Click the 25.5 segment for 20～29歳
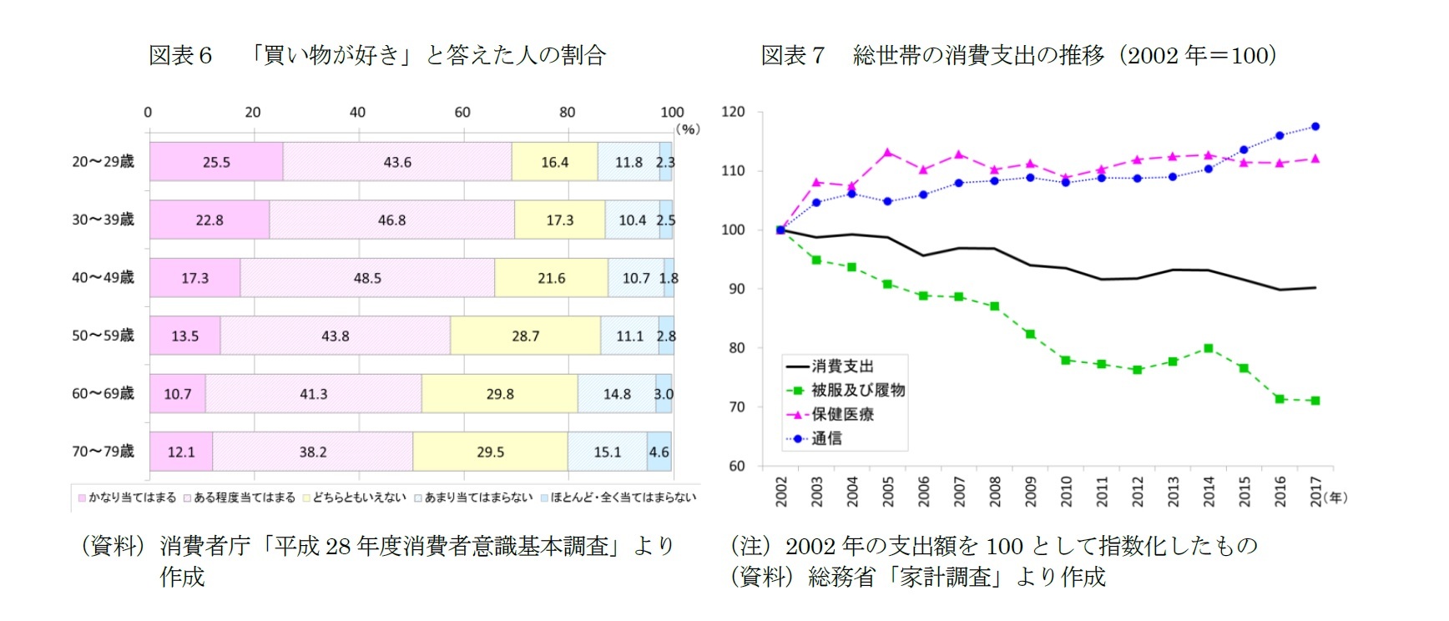pos(216,162)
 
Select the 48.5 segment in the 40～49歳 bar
pos(367,278)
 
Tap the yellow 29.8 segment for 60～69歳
pos(499,394)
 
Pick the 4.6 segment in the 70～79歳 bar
pos(659,452)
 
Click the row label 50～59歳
pos(103,336)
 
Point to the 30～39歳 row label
pos(103,220)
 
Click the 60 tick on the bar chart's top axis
pos(462,113)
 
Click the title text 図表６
pos(180,55)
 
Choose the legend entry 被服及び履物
pos(858,390)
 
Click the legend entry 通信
pos(826,438)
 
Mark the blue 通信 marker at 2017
pos(1315,127)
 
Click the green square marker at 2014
pos(1208,348)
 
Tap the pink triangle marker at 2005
pos(887,153)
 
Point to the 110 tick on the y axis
pos(733,171)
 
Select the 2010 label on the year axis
pos(1066,491)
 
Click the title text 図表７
pos(792,55)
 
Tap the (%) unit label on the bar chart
pos(687,129)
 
